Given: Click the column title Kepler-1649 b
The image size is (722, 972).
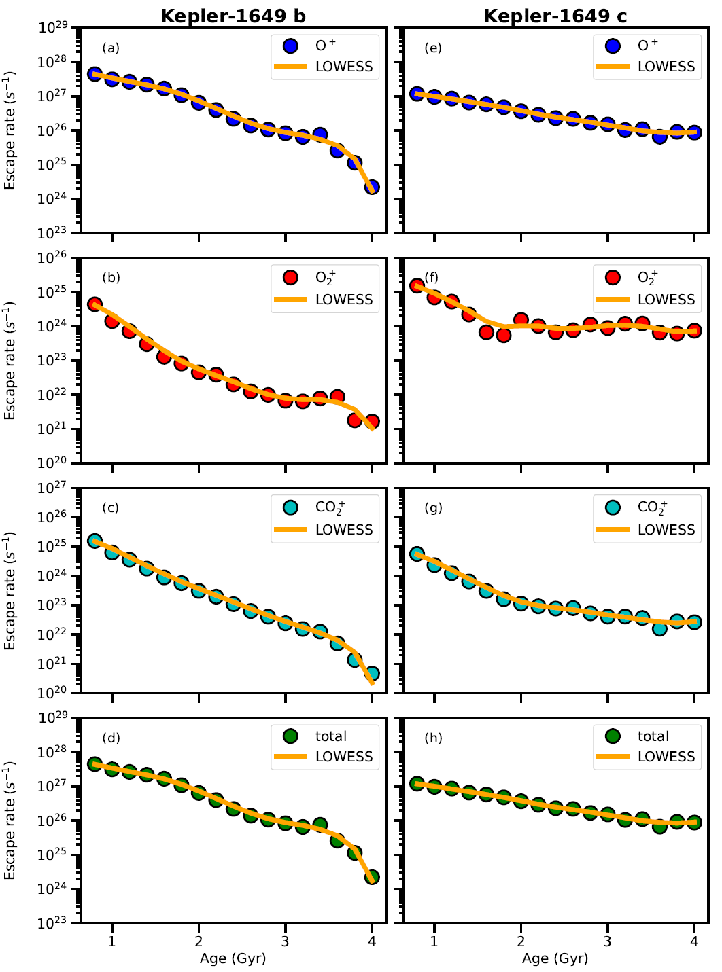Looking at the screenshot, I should point(233,16).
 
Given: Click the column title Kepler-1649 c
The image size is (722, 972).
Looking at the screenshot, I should point(555,16).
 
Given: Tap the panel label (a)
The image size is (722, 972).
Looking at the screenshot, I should point(111,48).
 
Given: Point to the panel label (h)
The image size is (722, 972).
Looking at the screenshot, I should point(433,738).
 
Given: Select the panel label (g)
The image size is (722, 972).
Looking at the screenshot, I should point(433,508).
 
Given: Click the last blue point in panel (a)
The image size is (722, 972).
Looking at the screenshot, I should point(372,187).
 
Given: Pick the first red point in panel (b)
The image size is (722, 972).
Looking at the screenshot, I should point(94,304).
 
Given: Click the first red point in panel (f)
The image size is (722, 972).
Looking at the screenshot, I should point(417,286).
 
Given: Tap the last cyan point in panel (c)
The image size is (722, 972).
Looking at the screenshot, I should point(372,674).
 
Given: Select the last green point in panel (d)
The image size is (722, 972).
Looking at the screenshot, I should point(372,877).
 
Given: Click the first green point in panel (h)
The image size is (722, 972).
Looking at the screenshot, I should point(417,783).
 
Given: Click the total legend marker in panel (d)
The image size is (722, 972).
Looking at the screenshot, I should point(290,736).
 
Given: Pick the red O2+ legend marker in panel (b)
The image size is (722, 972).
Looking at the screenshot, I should point(290,277).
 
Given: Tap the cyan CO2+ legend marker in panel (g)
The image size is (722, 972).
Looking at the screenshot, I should point(613,507).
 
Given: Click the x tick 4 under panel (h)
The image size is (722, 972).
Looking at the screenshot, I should point(694,941).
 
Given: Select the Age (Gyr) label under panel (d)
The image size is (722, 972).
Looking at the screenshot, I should point(233,958).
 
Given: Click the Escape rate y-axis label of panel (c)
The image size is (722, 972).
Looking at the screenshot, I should point(10,590).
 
